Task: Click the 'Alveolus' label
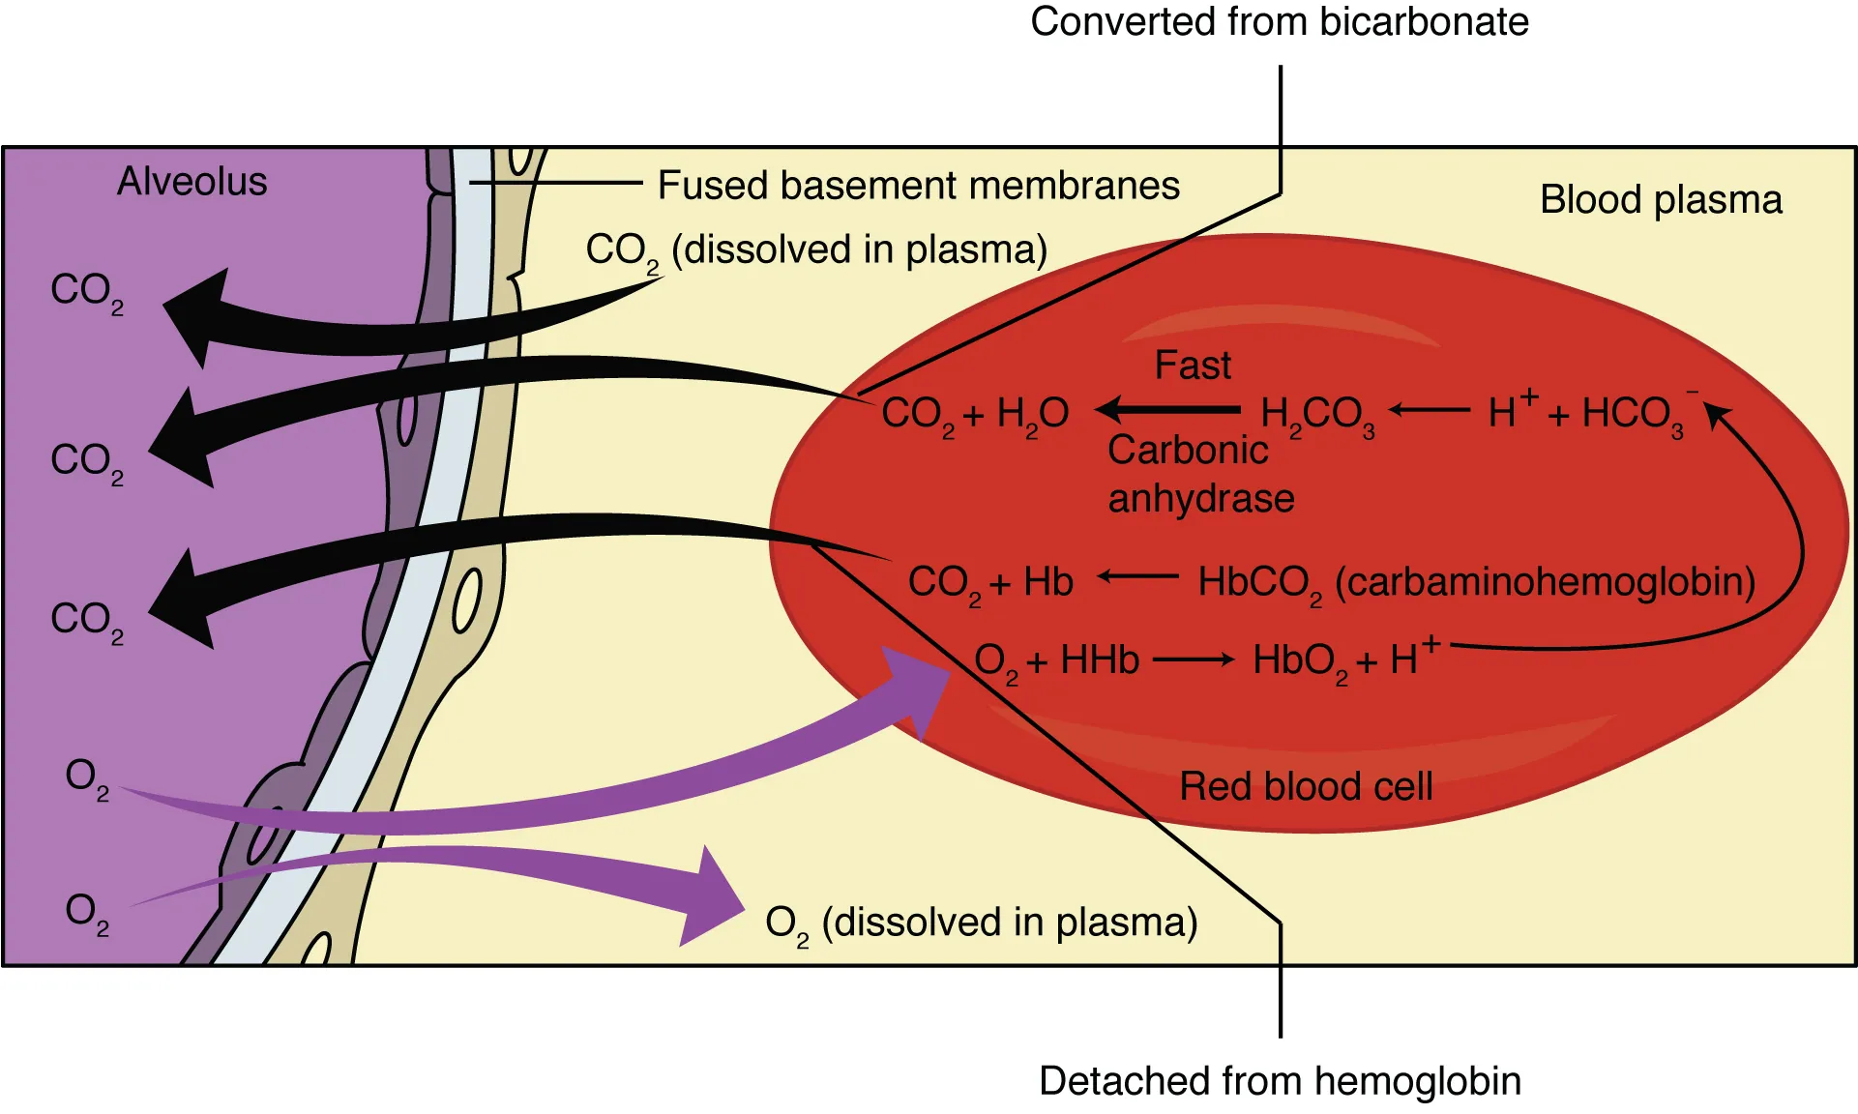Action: point(192,182)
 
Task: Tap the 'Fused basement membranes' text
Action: point(918,186)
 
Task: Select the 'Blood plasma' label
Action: point(1660,200)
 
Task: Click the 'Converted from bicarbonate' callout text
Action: point(1279,22)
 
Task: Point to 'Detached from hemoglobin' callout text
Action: point(1279,1081)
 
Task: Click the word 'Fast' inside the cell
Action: point(1193,366)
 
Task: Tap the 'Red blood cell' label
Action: point(1305,786)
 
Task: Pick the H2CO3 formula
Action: point(1316,415)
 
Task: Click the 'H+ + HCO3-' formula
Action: point(1586,413)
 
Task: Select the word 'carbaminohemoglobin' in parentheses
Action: point(1545,582)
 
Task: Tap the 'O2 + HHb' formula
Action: point(1056,661)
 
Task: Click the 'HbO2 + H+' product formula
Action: point(1344,661)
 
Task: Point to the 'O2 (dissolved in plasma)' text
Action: point(981,923)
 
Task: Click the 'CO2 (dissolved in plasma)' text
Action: point(816,250)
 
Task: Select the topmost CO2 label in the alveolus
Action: point(86,291)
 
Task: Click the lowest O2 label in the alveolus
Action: point(86,912)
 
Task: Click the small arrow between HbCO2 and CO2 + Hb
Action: point(1138,577)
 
